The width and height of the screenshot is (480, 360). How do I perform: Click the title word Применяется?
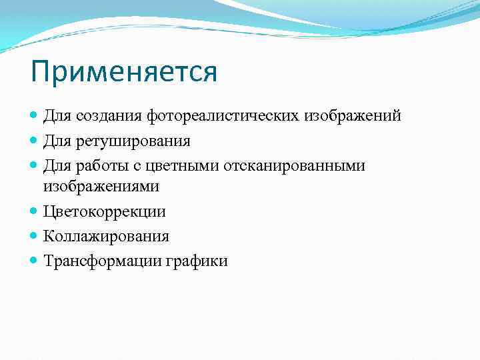pyautogui.click(x=124, y=72)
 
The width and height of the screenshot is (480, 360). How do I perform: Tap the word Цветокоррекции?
pyautogui.click(x=105, y=212)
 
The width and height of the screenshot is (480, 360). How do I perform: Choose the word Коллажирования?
pyautogui.click(x=106, y=236)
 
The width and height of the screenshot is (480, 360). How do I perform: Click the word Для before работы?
pyautogui.click(x=55, y=165)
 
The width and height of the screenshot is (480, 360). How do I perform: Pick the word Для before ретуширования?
pyautogui.click(x=55, y=141)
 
